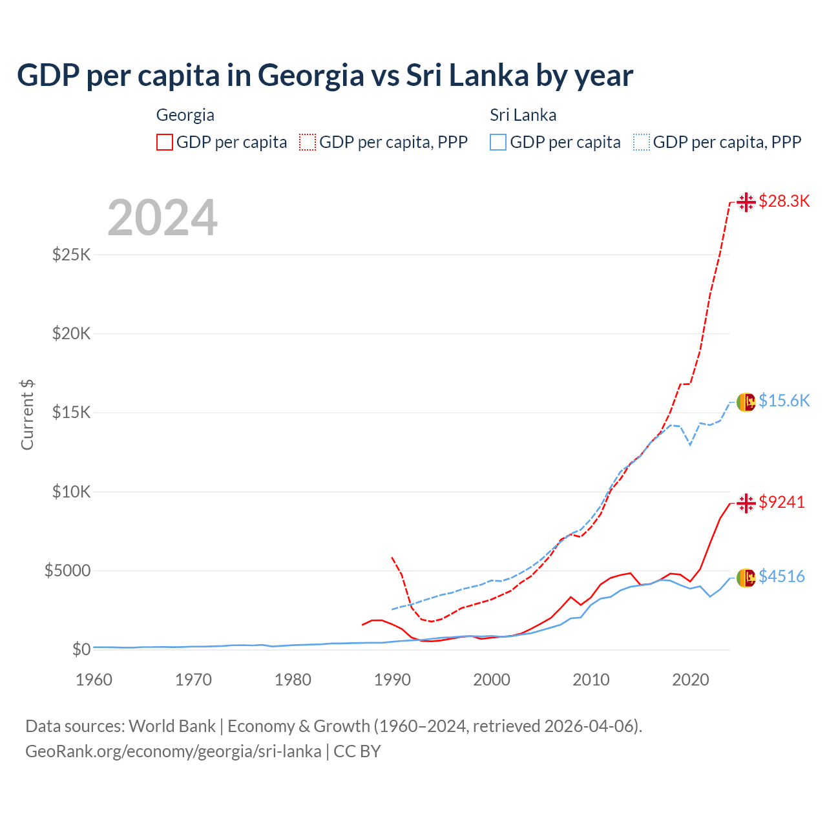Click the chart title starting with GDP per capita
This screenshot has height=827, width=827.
[x=325, y=76]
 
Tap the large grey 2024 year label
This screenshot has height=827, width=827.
[x=162, y=218]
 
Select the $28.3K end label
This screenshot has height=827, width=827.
[x=784, y=201]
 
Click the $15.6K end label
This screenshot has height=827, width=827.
[x=784, y=401]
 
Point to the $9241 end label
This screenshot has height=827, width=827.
[x=782, y=502]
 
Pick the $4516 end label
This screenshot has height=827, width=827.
[x=782, y=576]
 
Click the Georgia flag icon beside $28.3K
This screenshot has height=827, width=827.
[x=746, y=202]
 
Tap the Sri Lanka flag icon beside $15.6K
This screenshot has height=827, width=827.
[x=746, y=402]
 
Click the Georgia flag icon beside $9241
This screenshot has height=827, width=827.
[x=746, y=503]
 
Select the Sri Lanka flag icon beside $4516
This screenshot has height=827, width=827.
[x=746, y=578]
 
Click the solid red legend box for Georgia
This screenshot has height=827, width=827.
[x=165, y=142]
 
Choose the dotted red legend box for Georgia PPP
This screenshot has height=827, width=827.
[x=308, y=142]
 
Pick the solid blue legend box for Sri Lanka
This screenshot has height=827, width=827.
[x=498, y=142]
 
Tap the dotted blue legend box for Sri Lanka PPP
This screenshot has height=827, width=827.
[x=642, y=142]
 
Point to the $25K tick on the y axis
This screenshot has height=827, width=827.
[x=72, y=255]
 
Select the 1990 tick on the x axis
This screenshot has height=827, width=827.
[x=392, y=680]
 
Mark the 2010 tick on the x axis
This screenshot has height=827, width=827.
[x=591, y=680]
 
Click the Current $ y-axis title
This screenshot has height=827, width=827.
[x=27, y=415]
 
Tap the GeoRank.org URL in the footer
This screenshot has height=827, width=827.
[x=173, y=751]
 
